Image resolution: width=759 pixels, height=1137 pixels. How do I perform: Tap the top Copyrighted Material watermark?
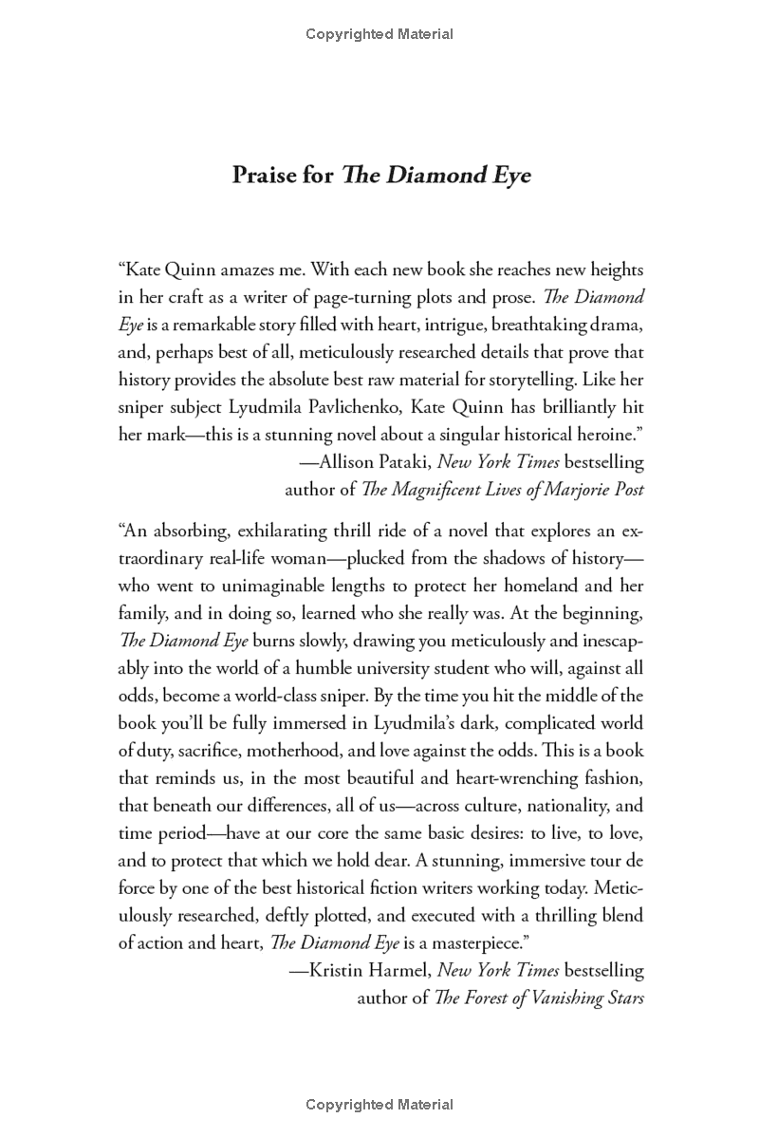pos(379,34)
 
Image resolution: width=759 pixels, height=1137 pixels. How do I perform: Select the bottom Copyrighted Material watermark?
pos(379,1105)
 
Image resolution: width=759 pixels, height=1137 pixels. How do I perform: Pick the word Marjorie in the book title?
pos(563,490)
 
